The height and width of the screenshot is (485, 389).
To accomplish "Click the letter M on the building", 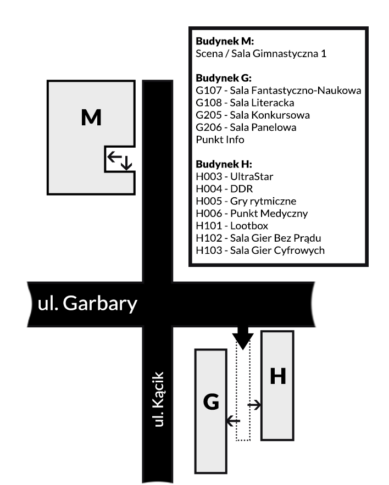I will (x=91, y=118).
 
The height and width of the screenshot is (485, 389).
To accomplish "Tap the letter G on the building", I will (x=211, y=403).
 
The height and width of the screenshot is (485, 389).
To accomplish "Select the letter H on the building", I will (x=277, y=376).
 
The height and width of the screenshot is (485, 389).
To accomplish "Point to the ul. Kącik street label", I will (x=160, y=399).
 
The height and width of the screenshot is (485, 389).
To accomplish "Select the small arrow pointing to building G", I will (x=233, y=421).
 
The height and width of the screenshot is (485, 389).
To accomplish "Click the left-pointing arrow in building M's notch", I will (x=114, y=157).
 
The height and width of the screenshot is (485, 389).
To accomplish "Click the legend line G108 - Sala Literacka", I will (x=245, y=103).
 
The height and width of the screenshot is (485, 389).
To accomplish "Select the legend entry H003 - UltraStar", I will (x=234, y=176).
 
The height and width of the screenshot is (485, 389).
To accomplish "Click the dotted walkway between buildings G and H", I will (x=243, y=395).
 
